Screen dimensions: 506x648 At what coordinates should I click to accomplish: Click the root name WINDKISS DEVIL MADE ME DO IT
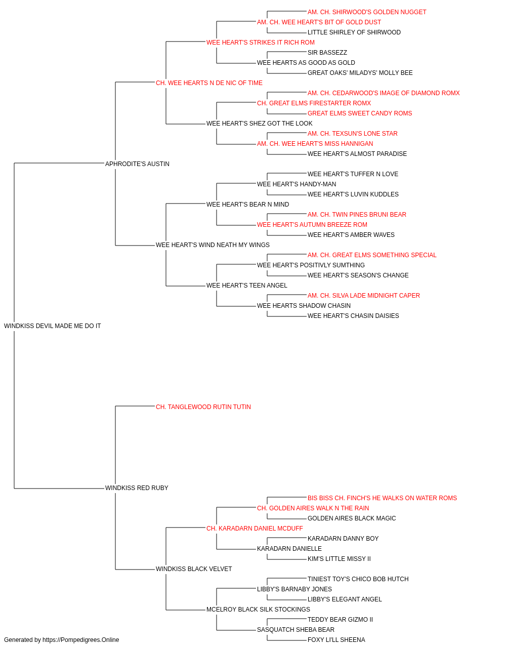click(53, 326)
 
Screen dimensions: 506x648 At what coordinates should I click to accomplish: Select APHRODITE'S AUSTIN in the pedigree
click(137, 164)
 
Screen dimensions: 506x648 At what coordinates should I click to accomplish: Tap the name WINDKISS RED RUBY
click(137, 488)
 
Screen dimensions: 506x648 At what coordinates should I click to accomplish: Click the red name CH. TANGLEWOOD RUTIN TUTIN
click(203, 407)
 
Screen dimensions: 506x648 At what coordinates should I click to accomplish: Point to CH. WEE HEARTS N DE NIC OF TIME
click(209, 83)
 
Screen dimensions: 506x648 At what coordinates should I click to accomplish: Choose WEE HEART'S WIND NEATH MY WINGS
click(213, 245)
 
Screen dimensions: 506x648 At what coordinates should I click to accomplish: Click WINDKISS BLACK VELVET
click(194, 569)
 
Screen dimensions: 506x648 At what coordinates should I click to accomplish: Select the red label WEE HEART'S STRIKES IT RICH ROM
click(261, 43)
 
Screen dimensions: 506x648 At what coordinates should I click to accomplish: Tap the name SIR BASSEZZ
click(327, 53)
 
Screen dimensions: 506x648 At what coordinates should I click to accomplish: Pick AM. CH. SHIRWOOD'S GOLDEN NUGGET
click(367, 12)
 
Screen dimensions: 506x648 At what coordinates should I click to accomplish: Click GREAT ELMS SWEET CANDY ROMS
click(360, 113)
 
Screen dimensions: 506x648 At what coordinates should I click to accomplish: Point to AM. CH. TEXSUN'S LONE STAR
click(353, 134)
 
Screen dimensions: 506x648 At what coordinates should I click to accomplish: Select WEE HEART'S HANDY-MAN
click(297, 184)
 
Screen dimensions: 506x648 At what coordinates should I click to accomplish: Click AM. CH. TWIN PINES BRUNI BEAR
click(357, 215)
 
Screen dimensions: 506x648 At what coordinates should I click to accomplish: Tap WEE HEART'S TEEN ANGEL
click(247, 286)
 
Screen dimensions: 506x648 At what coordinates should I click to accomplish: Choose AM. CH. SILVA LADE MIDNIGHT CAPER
click(363, 296)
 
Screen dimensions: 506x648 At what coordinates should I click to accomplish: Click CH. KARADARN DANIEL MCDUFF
click(255, 529)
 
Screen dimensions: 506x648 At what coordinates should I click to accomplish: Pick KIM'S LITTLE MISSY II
click(339, 559)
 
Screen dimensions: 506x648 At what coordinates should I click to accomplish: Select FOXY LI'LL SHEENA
click(336, 640)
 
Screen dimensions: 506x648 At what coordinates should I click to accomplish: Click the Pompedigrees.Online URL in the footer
click(80, 640)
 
